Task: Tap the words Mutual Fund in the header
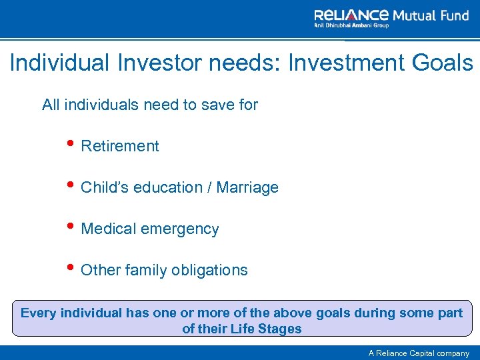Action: pos(431,15)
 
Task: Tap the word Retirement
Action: pos(119,147)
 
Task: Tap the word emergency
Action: pos(182,229)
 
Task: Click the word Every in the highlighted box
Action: pos(39,313)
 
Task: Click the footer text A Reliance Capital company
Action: pos(419,353)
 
